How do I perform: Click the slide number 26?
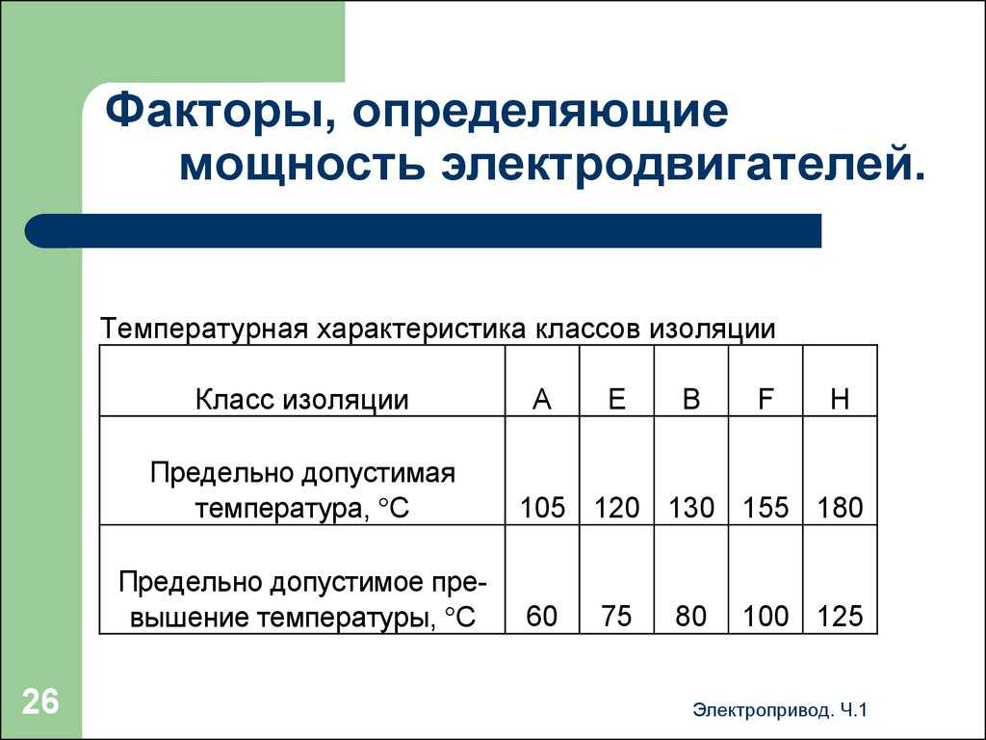click(40, 701)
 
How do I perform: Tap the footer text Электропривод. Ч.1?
click(780, 710)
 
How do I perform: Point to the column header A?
click(541, 399)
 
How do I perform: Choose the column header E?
click(617, 399)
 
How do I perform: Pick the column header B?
click(691, 399)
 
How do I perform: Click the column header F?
click(765, 399)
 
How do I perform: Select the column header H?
click(840, 399)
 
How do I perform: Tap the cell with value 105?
click(543, 507)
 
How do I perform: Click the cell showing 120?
click(617, 507)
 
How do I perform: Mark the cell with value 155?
click(765, 507)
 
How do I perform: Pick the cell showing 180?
click(840, 507)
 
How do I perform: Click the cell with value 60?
click(542, 616)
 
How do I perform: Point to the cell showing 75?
click(616, 616)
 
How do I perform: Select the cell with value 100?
click(765, 616)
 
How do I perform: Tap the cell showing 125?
click(840, 616)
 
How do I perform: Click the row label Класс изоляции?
click(301, 400)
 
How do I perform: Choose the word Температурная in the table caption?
click(204, 330)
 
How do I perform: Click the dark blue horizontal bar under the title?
click(424, 230)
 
